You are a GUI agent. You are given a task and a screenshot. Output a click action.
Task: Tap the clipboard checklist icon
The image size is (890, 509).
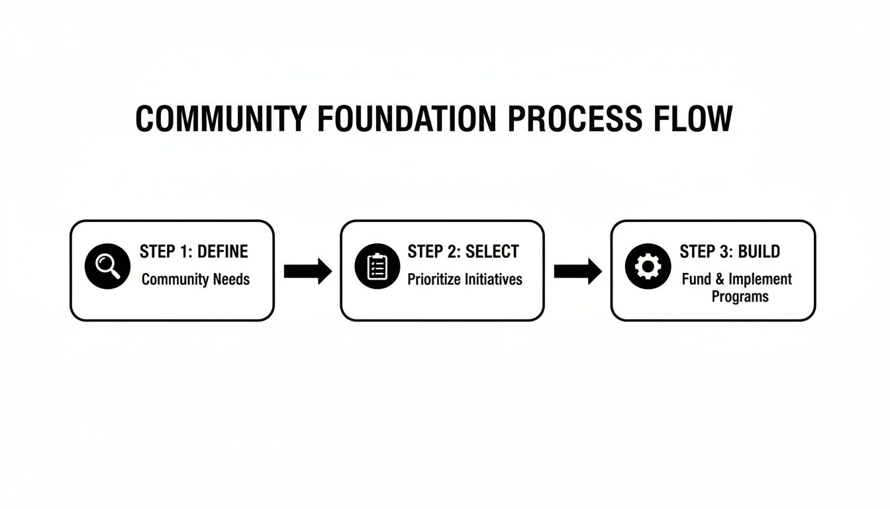click(377, 266)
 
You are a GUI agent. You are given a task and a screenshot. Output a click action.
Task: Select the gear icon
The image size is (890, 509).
click(648, 266)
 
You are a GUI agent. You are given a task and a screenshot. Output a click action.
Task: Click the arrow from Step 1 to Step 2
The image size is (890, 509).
click(307, 270)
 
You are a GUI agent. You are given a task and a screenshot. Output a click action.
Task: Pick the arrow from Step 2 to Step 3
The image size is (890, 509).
click(577, 270)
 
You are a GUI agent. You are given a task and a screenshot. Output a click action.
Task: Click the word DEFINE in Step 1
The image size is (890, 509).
click(222, 252)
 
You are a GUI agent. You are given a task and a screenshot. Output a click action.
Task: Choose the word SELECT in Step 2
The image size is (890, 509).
click(492, 252)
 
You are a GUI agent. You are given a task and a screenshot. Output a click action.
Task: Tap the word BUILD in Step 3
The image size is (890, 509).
click(759, 252)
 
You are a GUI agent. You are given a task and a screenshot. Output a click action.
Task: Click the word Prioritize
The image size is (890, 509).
click(436, 279)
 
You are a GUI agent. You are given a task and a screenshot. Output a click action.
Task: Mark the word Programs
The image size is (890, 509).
click(740, 296)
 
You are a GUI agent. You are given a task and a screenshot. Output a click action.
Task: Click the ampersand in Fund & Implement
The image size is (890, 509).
click(719, 279)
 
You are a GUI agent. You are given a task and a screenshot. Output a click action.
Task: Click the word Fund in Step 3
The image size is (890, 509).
click(697, 279)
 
